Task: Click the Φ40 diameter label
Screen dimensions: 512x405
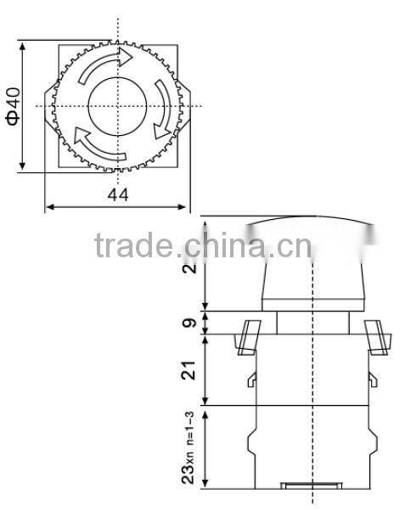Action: click(12, 105)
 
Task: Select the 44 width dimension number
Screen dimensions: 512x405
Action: click(118, 195)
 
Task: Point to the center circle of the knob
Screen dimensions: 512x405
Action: click(118, 105)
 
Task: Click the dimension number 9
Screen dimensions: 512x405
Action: click(191, 322)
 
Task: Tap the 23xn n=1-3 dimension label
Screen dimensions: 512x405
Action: click(191, 447)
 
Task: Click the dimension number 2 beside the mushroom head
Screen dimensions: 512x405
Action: click(191, 270)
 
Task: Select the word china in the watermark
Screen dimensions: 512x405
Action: click(220, 246)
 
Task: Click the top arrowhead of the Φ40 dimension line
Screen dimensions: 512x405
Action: click(23, 43)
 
